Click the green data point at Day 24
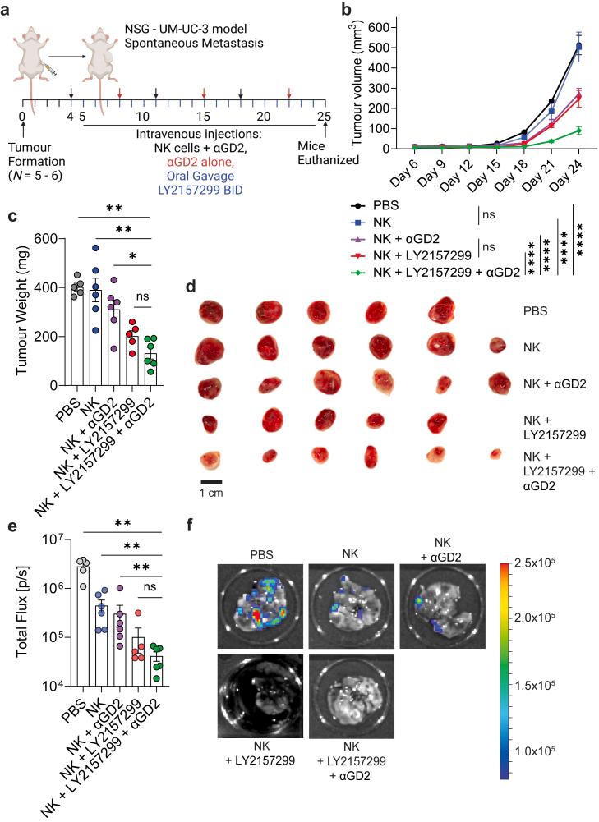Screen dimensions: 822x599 click(x=578, y=131)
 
